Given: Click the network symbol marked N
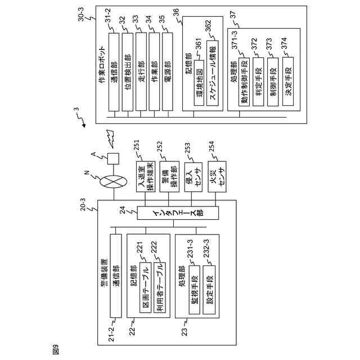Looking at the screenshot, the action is (113, 182).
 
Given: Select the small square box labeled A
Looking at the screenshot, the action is (113, 159).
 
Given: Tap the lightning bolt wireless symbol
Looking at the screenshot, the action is (110, 138).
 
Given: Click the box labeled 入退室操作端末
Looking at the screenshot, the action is (146, 176).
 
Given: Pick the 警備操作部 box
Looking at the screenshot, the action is (169, 176).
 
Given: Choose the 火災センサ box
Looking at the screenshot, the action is (217, 176).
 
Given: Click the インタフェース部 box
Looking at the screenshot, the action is (178, 213).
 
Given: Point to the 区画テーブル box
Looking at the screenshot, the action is (146, 287).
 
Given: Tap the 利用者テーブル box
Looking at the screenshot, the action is (160, 287).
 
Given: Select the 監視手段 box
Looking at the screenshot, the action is (195, 290).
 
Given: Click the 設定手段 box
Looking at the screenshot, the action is (209, 290).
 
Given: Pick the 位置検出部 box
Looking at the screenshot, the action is (128, 72).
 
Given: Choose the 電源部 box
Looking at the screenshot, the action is (168, 71).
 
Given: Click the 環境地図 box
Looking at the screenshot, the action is (199, 83).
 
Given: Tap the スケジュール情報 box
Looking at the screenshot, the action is (213, 73).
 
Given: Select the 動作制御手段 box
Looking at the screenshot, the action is (244, 82).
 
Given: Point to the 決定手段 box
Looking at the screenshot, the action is (288, 81).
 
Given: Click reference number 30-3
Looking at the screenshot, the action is (82, 14).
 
